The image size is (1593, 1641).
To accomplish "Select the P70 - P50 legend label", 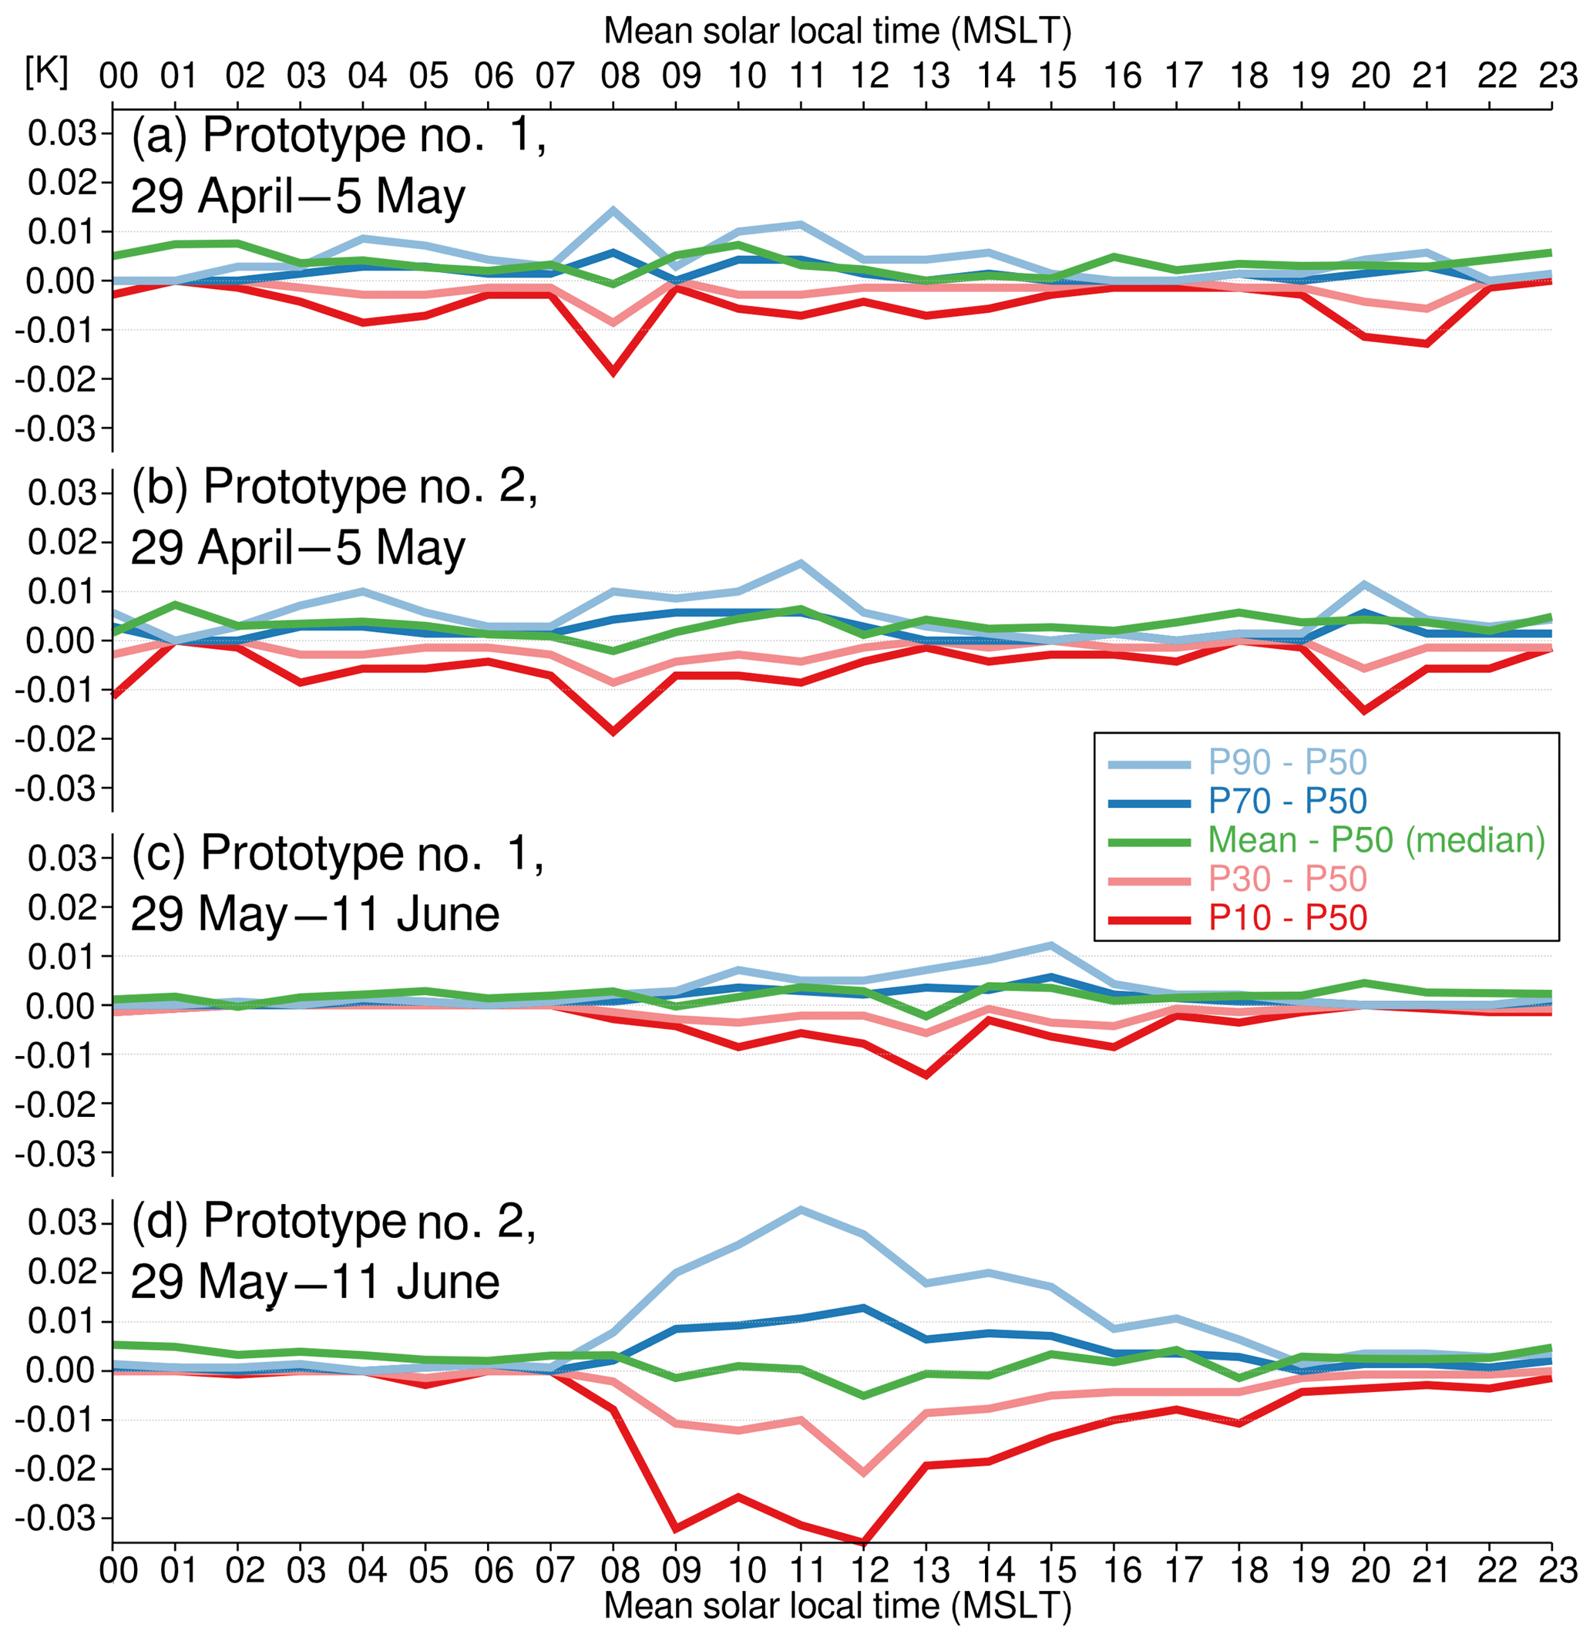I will tap(1286, 802).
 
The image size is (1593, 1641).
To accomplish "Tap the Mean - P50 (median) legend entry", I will tap(1376, 839).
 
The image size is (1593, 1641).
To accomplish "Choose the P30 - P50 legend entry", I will tap(1286, 879).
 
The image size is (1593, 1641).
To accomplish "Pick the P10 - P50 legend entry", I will tap(1286, 919).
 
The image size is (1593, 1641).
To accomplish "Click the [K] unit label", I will tap(46, 73).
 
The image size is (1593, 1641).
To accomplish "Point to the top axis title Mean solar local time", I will tap(837, 31).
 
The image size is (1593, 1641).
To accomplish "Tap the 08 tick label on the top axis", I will tap(620, 76).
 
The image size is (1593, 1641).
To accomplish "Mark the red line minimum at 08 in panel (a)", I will tap(613, 372).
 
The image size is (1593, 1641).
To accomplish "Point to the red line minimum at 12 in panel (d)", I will tap(863, 1542).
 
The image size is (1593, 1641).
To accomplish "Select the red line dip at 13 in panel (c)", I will tap(926, 1075).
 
